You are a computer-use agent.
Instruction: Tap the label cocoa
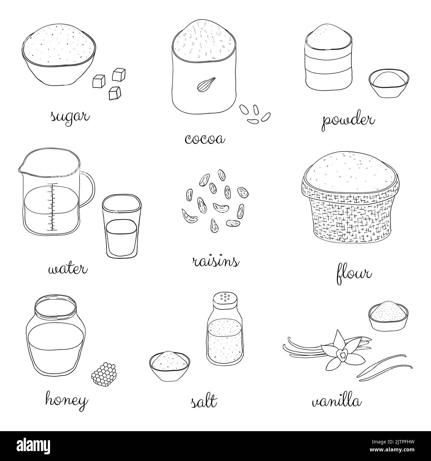click(x=205, y=139)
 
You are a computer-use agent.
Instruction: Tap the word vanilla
click(x=337, y=402)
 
